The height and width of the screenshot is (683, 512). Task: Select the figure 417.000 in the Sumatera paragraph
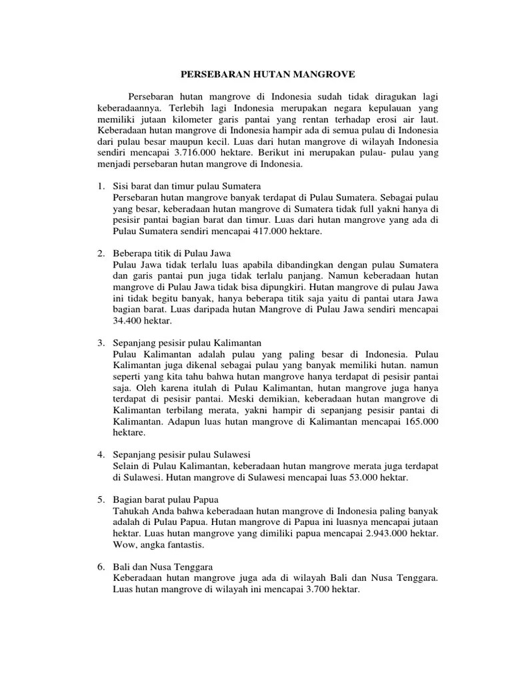click(273, 231)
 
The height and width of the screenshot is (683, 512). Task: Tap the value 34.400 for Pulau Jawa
click(129, 321)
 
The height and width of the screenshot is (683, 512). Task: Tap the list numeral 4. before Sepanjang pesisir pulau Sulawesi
click(101, 455)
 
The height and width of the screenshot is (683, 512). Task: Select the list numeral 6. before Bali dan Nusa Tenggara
click(101, 568)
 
